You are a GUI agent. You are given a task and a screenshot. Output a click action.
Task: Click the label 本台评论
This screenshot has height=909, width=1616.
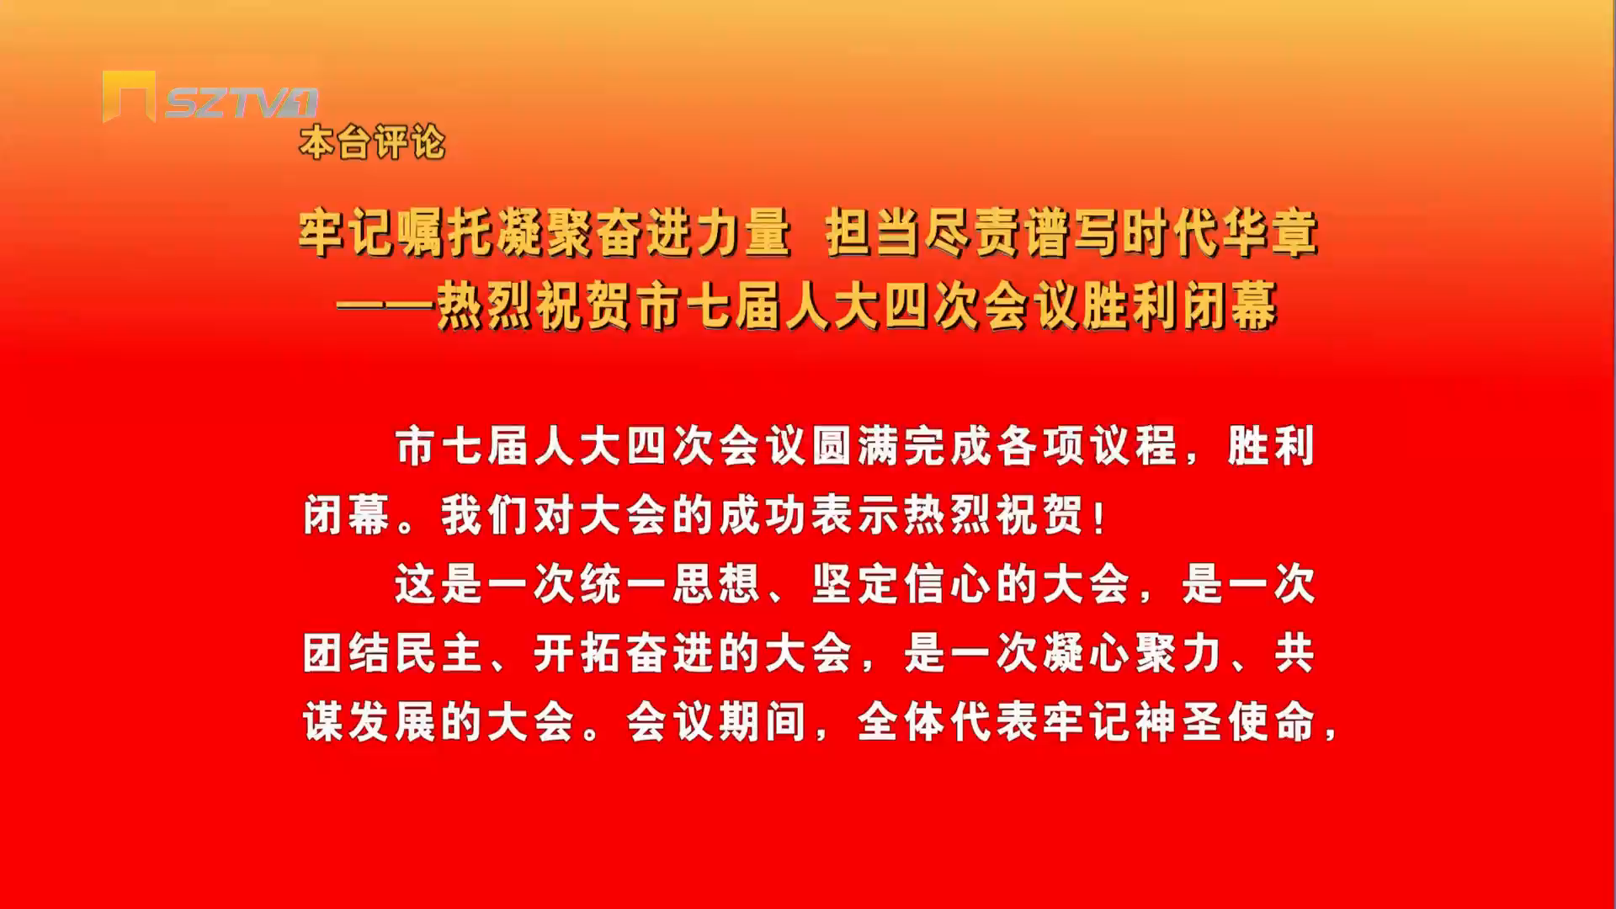coord(372,142)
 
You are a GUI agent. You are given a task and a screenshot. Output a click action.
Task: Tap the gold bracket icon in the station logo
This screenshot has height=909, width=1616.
coord(129,95)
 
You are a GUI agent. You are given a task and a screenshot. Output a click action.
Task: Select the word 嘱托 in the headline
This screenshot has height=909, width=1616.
coord(444,233)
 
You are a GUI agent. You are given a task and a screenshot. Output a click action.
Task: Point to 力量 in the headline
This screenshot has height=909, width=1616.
coord(742,233)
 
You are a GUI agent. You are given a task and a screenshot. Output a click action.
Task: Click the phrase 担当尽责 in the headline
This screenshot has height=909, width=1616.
coord(922,233)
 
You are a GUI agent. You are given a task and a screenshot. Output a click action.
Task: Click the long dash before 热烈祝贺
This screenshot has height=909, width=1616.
coord(385,307)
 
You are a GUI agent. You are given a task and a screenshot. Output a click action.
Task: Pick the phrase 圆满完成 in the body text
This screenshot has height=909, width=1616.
coord(901,446)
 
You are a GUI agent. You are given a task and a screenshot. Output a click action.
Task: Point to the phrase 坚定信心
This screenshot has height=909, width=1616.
coord(901,584)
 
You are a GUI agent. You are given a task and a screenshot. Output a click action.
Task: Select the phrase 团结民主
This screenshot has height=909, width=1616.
coord(393,653)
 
